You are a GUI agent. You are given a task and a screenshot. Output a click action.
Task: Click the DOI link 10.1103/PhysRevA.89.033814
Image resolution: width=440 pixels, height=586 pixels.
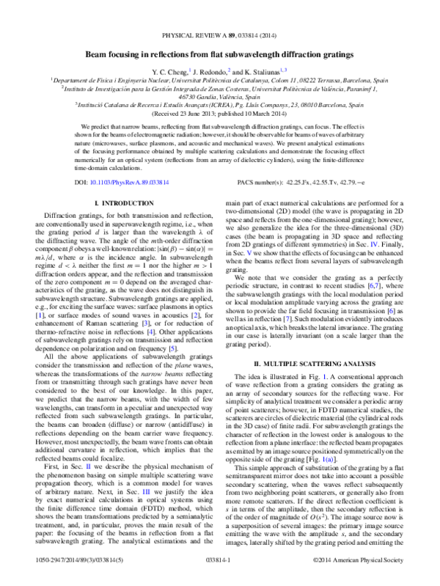point(109,180)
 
